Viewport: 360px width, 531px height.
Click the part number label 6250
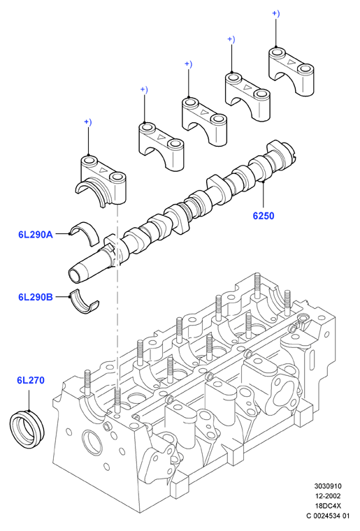263,215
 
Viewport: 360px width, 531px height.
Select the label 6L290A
36,234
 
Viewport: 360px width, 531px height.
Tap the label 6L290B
36,297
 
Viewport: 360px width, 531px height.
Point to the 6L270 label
31,380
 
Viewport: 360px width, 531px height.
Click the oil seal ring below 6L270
27,429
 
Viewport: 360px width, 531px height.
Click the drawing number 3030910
328,486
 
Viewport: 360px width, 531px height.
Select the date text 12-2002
328,496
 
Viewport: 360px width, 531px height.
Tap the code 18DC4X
328,506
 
